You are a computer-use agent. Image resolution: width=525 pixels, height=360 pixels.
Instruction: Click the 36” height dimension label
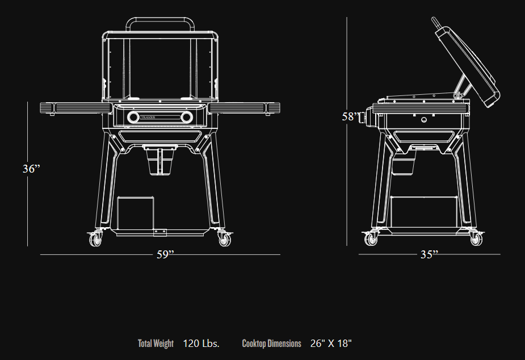[x=31, y=169]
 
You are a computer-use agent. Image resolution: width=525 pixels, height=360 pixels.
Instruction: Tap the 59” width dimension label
[x=165, y=255]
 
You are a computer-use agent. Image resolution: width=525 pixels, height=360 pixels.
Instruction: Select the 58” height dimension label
[x=350, y=116]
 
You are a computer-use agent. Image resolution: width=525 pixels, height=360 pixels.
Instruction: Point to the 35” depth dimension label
[x=429, y=255]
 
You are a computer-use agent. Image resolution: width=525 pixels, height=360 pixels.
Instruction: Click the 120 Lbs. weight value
[x=201, y=344]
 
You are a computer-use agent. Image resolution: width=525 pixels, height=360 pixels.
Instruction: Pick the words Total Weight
[x=156, y=344]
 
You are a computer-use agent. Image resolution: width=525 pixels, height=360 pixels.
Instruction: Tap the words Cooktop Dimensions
[x=271, y=344]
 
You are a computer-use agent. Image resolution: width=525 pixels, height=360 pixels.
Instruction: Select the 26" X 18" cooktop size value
[x=331, y=344]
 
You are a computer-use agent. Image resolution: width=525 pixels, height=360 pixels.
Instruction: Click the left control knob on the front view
[x=133, y=118]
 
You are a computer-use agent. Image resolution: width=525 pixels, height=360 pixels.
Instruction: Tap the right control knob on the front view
[x=186, y=118]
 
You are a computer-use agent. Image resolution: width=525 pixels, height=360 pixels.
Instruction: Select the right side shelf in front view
[x=245, y=107]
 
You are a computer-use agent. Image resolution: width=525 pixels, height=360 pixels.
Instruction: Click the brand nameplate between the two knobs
[x=159, y=118]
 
